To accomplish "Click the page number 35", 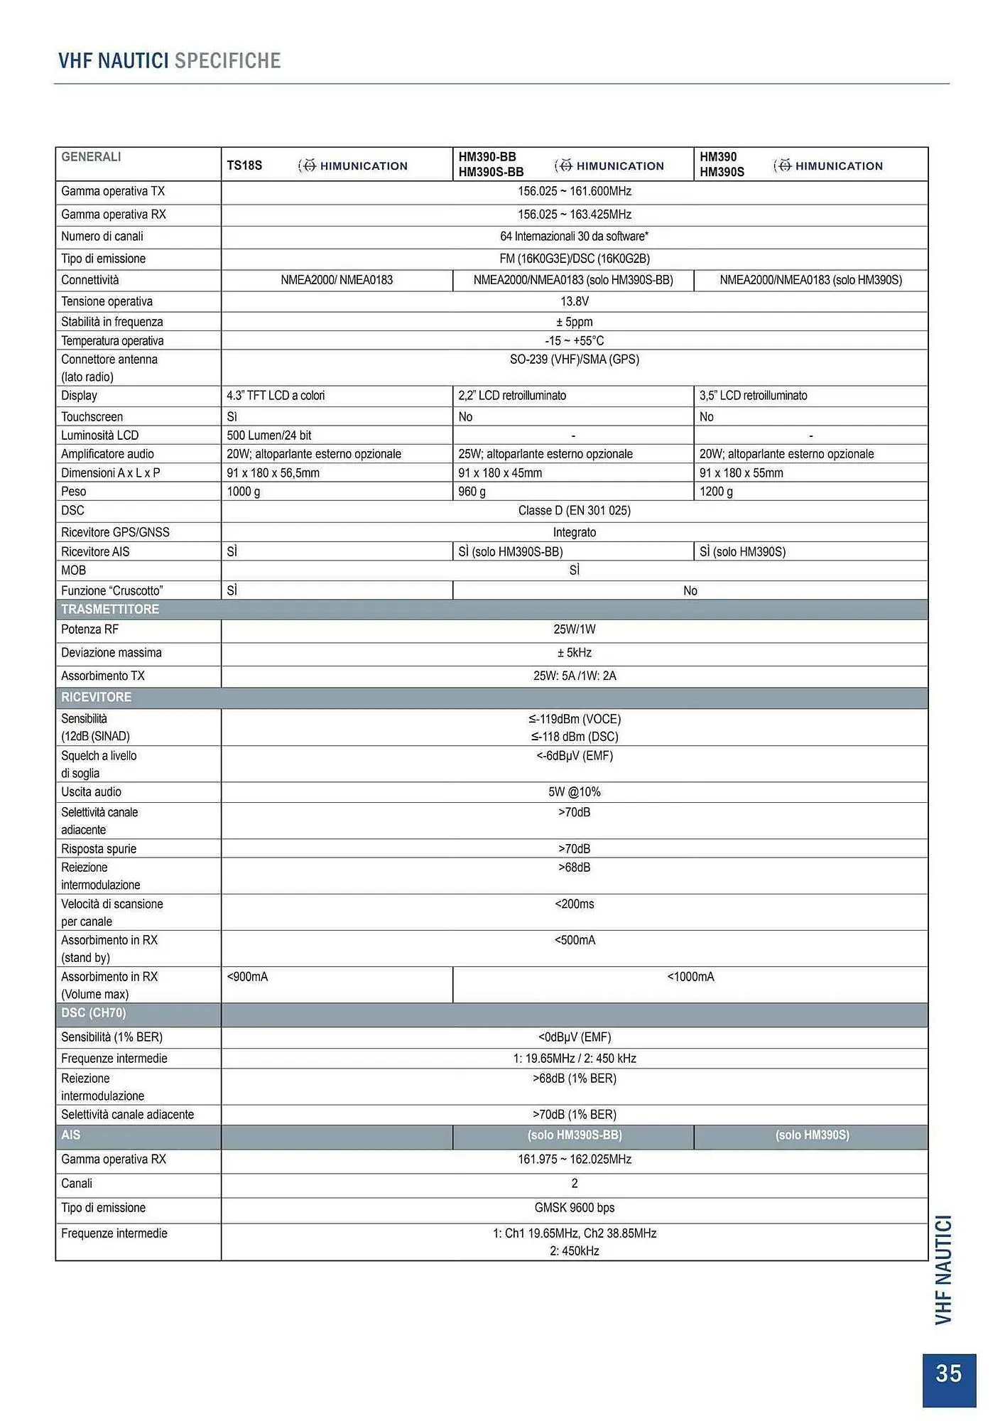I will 948,1373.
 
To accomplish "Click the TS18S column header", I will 244,166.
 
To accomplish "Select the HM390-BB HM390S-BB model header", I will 491,164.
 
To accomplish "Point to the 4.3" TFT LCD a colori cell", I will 276,396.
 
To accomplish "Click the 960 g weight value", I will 472,492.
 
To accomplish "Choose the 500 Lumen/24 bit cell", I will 268,436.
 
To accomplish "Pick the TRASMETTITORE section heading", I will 110,610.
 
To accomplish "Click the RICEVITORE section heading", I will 96,697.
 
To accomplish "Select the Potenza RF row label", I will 89,630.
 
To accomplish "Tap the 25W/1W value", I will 574,630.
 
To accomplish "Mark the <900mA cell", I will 247,977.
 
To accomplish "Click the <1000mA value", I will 690,977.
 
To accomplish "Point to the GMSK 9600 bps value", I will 574,1208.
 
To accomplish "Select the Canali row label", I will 77,1184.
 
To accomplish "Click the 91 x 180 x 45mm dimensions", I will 500,473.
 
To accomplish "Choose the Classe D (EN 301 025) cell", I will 574,511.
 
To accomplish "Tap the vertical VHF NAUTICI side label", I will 943,1270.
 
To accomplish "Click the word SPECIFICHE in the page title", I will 227,61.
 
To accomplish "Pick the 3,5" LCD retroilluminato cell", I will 753,396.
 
